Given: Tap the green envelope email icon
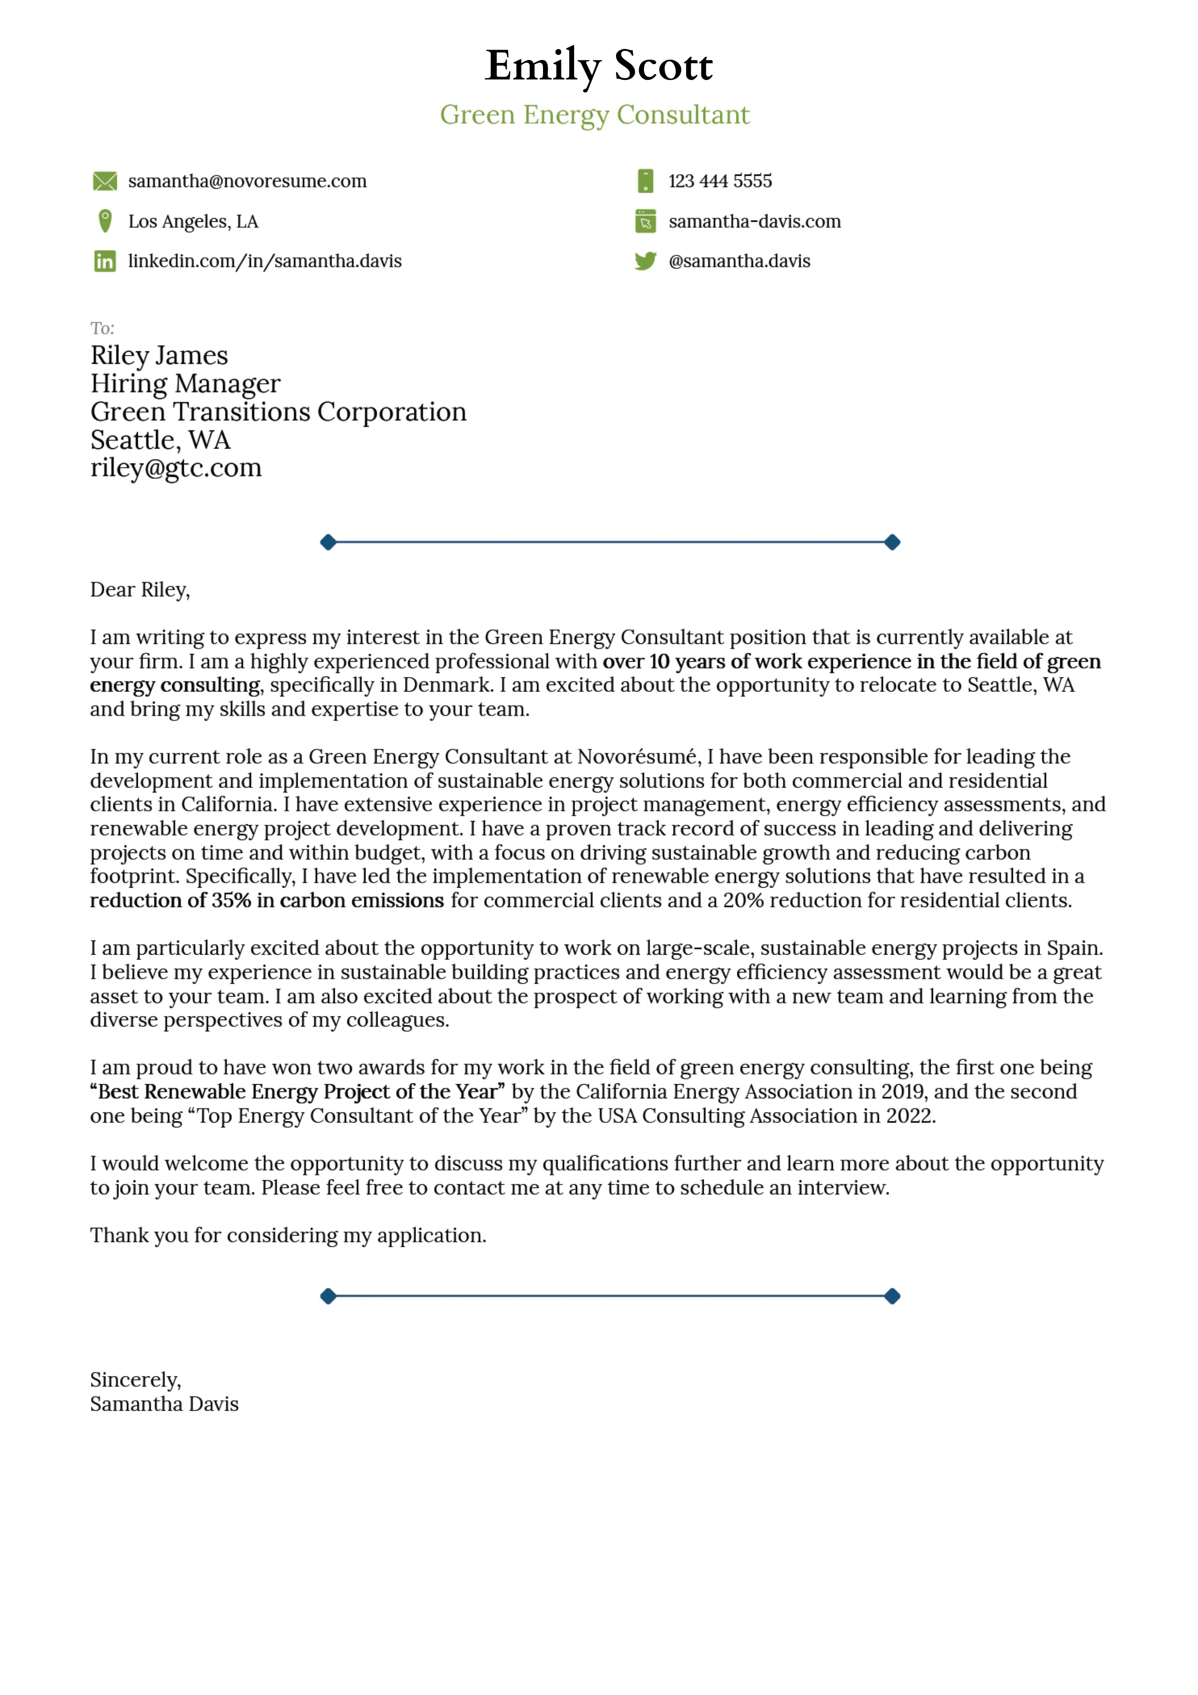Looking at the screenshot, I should (105, 181).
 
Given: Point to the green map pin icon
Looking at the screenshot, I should (105, 221).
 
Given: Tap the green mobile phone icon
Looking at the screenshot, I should (645, 181).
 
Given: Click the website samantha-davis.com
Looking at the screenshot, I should (754, 221).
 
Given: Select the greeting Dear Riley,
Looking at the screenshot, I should (140, 590).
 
